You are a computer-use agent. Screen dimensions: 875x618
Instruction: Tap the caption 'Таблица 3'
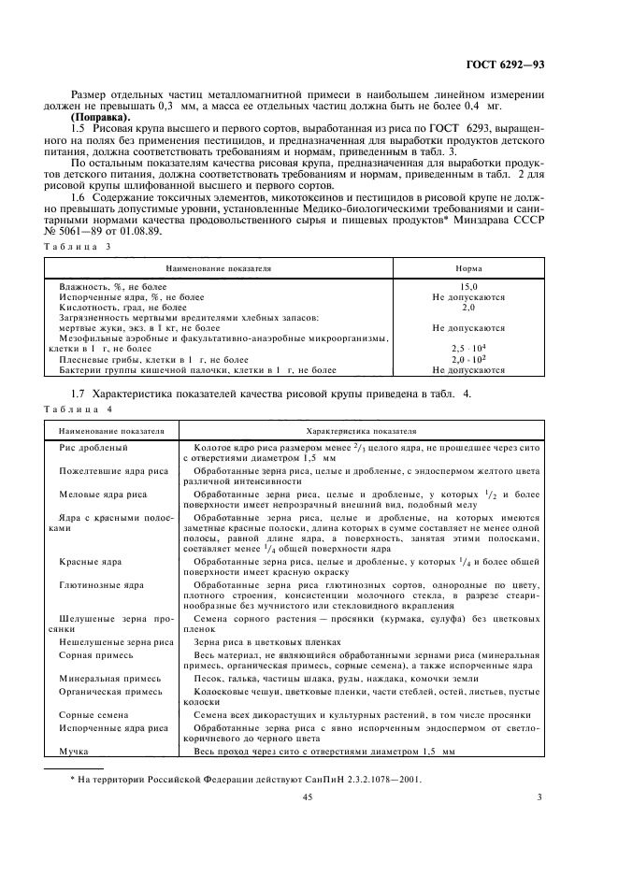pyautogui.click(x=78, y=246)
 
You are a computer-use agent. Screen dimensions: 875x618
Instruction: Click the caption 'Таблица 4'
pyautogui.click(x=78, y=409)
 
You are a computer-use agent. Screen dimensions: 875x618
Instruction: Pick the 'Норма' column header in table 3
pyautogui.click(x=468, y=267)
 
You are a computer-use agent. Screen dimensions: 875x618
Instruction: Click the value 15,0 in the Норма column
pyautogui.click(x=468, y=287)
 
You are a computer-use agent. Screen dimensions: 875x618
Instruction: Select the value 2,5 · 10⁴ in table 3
pyautogui.click(x=468, y=348)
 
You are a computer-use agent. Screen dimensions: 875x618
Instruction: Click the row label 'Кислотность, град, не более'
pyautogui.click(x=122, y=307)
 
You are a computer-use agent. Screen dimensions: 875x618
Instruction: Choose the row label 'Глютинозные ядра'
pyautogui.click(x=101, y=585)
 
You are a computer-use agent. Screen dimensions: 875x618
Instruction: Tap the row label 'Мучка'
pyautogui.click(x=74, y=751)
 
